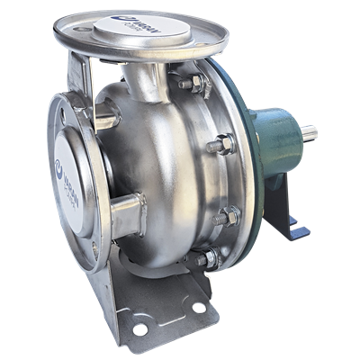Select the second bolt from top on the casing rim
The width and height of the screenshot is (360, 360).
click(222, 144)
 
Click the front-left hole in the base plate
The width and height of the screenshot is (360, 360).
click(139, 329)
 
